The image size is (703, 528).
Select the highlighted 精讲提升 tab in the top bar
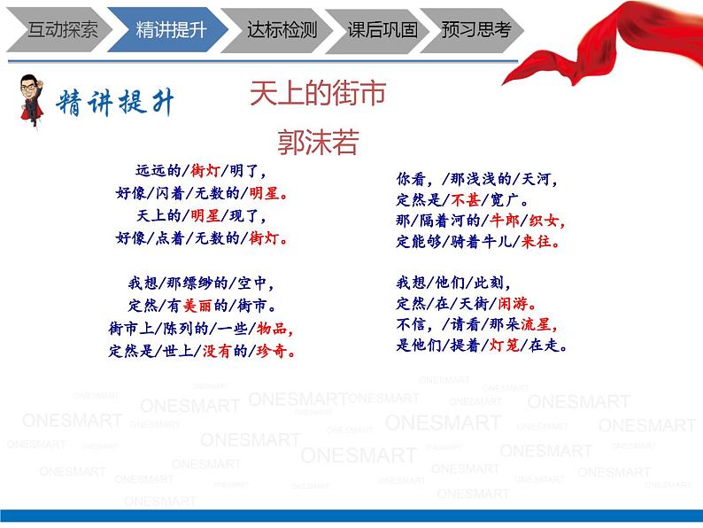click(171, 29)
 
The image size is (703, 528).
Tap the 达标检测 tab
click(282, 29)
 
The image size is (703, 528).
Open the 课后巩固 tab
click(382, 29)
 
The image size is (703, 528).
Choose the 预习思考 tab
click(476, 29)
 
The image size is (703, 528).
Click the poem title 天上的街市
click(317, 93)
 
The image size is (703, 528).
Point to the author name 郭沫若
click(317, 142)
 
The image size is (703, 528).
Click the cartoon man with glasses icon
click(33, 100)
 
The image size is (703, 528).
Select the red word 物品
click(274, 328)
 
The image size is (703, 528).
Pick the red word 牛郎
click(504, 221)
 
